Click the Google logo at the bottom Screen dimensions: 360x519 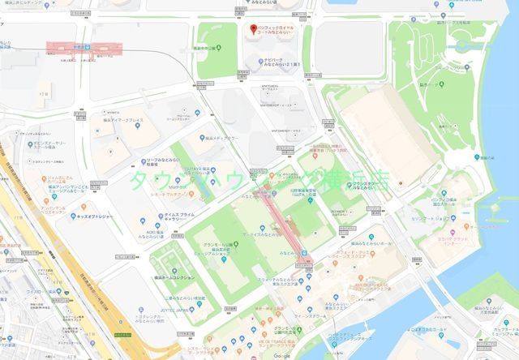coord(281,355)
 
